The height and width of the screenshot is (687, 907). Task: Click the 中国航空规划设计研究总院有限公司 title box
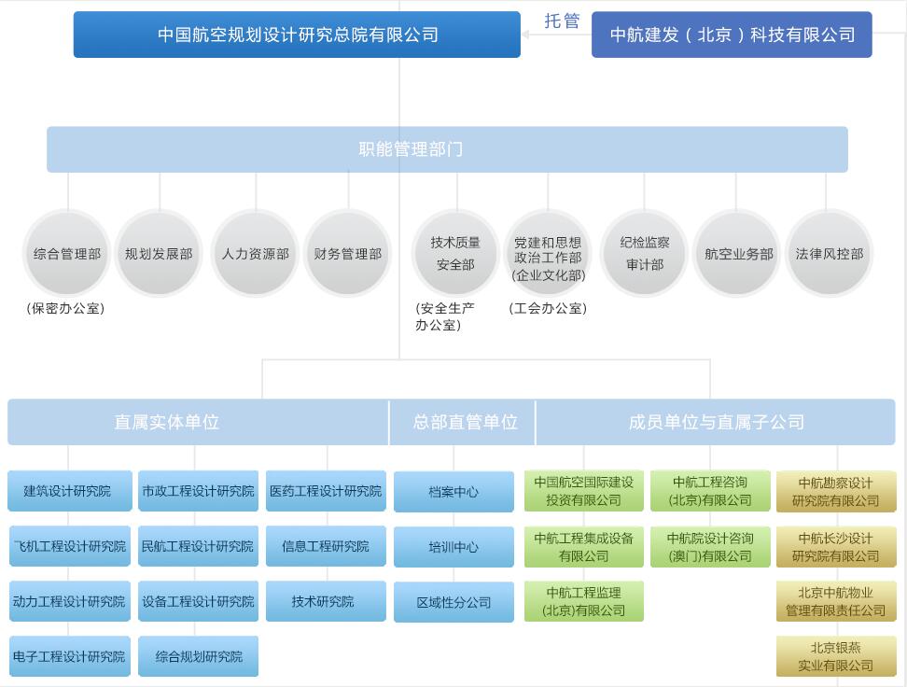[x=297, y=35]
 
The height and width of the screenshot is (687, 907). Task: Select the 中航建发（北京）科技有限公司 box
[x=732, y=35]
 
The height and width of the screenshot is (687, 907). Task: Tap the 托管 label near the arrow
[x=562, y=21]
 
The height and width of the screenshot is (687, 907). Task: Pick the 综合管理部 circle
[x=67, y=254]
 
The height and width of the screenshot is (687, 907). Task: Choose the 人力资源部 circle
[x=255, y=254]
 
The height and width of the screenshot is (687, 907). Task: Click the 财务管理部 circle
[x=347, y=254]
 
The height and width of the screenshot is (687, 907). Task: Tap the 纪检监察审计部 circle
[x=644, y=254]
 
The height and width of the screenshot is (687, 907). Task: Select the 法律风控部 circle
[x=829, y=254]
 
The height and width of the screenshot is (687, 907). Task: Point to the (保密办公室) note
[x=65, y=308]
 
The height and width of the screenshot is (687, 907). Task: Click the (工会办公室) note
[x=548, y=308]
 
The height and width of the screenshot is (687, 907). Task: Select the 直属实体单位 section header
[x=166, y=422]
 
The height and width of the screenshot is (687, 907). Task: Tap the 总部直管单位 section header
[x=465, y=422]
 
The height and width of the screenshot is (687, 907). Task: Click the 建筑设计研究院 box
[x=69, y=491]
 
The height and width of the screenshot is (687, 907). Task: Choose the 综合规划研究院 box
[x=198, y=656]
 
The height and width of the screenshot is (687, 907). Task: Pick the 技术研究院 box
[x=325, y=602]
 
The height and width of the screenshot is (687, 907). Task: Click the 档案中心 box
[x=453, y=492]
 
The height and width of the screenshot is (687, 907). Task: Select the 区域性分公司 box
[x=453, y=603]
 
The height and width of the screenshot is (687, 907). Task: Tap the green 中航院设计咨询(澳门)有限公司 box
[x=710, y=547]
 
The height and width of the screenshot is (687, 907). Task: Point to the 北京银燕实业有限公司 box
[x=836, y=656]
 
